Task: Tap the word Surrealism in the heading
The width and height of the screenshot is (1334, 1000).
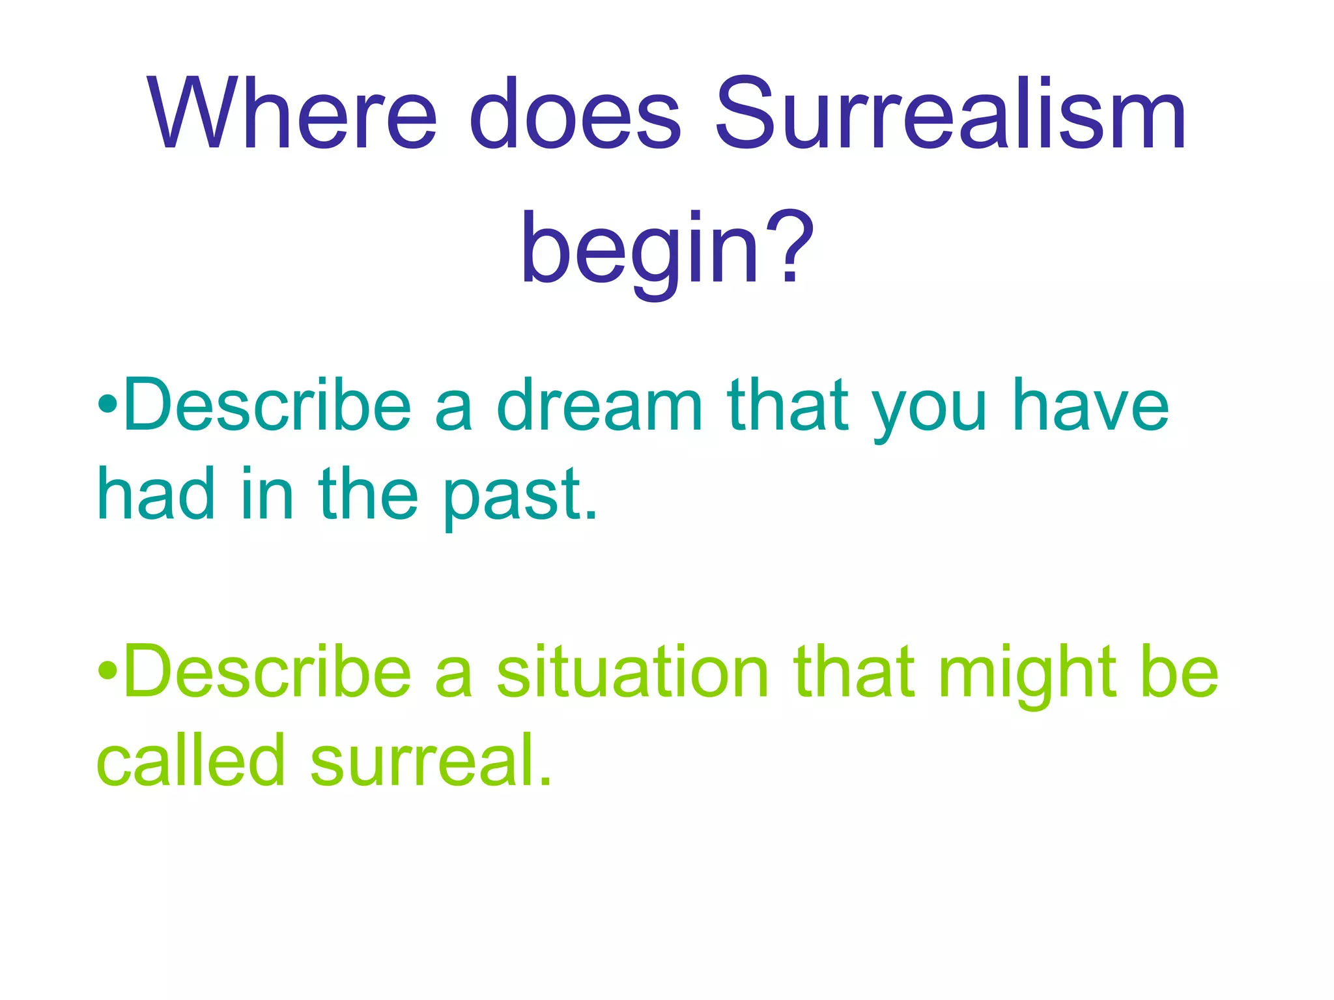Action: click(x=950, y=114)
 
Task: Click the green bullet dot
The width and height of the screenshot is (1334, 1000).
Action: click(x=107, y=671)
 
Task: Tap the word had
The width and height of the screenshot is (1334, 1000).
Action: click(x=156, y=495)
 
